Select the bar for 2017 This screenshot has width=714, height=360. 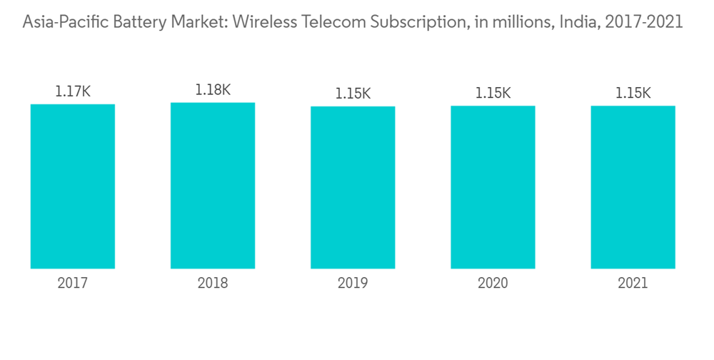(x=73, y=186)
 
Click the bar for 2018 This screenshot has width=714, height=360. (x=213, y=186)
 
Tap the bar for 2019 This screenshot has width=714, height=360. (x=353, y=187)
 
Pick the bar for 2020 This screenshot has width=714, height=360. (x=493, y=187)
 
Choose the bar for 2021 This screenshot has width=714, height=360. (x=633, y=187)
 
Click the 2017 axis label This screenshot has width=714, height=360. (x=73, y=284)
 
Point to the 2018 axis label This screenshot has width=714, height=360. (x=213, y=284)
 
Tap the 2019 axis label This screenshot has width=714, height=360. (x=353, y=284)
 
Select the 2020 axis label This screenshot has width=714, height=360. (x=493, y=284)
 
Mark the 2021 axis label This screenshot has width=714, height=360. (x=633, y=284)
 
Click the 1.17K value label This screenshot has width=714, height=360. (x=73, y=91)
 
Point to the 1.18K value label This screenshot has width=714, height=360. (x=213, y=90)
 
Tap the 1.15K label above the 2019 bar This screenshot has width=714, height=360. (x=353, y=94)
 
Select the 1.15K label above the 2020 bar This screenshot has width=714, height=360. (x=493, y=94)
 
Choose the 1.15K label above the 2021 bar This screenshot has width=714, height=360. (x=633, y=94)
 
